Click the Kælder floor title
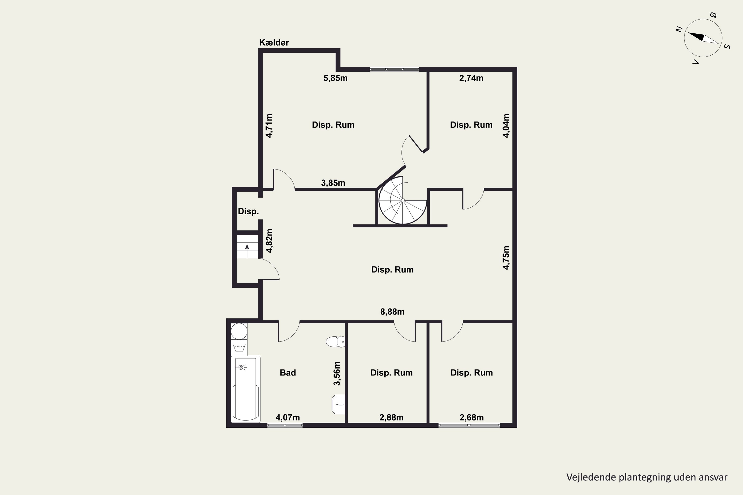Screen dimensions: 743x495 tap(274, 42)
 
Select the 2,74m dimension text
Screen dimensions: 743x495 tap(471, 78)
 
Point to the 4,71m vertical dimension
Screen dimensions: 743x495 tap(269, 126)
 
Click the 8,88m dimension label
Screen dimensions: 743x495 tap(392, 312)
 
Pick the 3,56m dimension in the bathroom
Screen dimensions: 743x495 tap(337, 373)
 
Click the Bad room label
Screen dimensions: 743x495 tap(288, 372)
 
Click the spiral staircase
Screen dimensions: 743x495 tap(403, 200)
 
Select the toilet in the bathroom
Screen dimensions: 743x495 tap(335, 342)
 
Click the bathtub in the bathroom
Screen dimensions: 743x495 tap(246, 389)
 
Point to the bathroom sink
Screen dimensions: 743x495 tap(338, 404)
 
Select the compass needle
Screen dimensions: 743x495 tap(703, 38)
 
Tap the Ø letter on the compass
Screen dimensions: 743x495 tap(713, 15)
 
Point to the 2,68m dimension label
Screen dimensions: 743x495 tap(471, 417)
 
